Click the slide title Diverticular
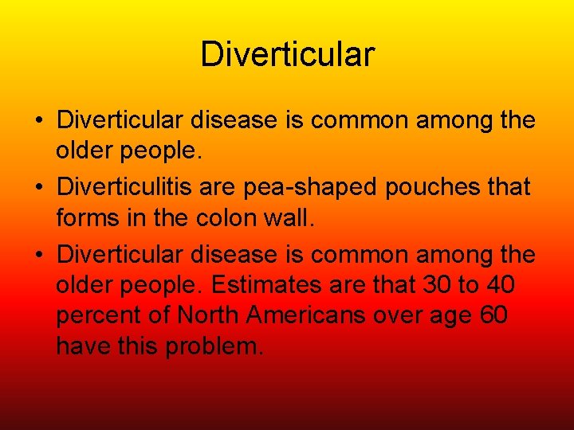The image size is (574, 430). pyautogui.click(x=287, y=55)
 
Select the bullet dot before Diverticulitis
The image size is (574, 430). pyautogui.click(x=39, y=188)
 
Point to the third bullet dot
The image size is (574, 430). pyautogui.click(x=39, y=255)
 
